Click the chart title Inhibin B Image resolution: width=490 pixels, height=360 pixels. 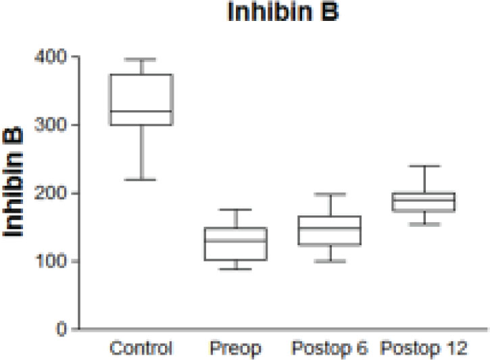point(283,14)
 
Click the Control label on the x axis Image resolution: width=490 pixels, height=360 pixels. point(142,349)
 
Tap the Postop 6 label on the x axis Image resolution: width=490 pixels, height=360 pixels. point(330,349)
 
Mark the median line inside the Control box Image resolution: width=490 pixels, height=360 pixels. point(142,111)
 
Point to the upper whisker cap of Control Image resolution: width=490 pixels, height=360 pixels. point(142,59)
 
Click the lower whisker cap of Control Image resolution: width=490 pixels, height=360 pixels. point(142,180)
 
